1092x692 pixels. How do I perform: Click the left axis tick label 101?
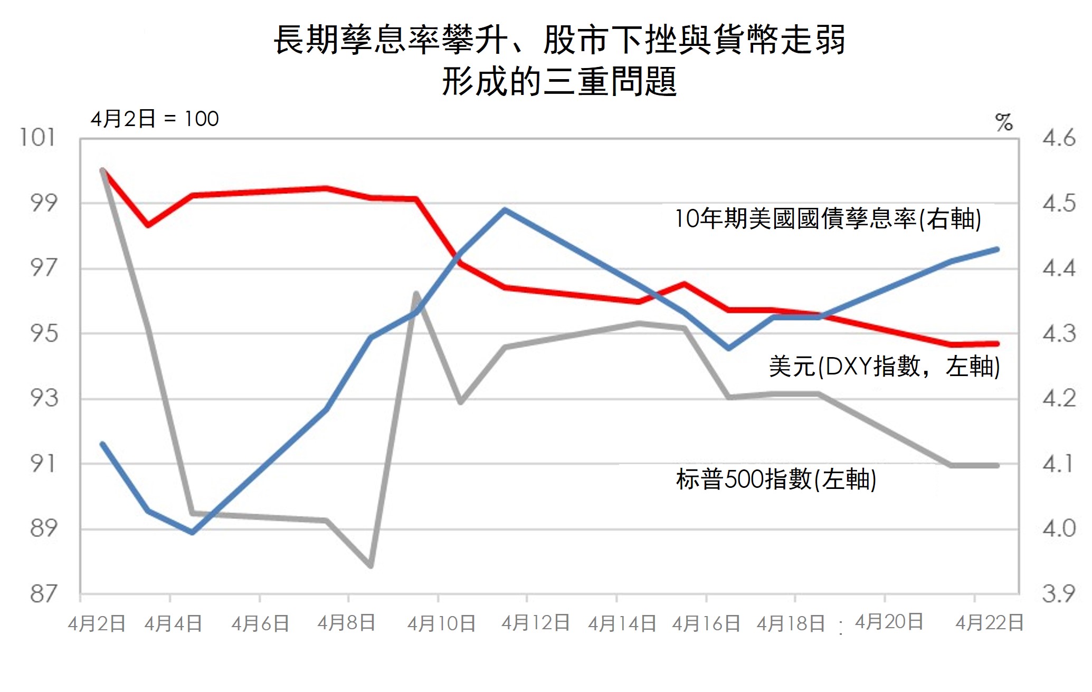click(x=37, y=138)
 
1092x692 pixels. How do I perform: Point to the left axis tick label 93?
click(x=44, y=398)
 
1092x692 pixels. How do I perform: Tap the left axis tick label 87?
click(x=44, y=594)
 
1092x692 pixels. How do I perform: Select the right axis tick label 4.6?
click(x=1058, y=138)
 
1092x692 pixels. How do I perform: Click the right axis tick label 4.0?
click(x=1058, y=528)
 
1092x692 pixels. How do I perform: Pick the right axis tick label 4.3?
click(x=1058, y=333)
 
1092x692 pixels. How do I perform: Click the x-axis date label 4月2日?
click(x=97, y=624)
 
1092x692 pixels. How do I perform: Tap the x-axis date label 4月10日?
click(x=441, y=624)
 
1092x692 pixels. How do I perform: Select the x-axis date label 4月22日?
click(x=990, y=623)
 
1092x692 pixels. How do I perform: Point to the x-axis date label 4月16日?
click(x=706, y=624)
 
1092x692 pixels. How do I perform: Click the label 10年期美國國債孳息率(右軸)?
click(x=828, y=218)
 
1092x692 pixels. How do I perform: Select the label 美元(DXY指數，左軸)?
click(x=884, y=366)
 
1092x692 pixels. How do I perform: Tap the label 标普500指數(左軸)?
click(x=776, y=479)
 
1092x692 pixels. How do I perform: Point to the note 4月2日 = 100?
click(x=155, y=119)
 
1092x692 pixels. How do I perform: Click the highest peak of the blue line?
click(x=505, y=210)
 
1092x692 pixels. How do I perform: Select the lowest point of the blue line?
click(x=192, y=532)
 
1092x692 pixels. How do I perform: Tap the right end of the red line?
click(x=997, y=344)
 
